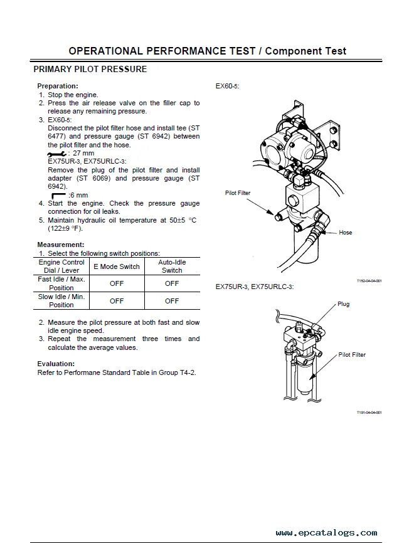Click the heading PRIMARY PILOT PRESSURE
(x=90, y=69)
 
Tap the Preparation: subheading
(x=58, y=86)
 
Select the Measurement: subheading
(x=61, y=244)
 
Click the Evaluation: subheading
(x=56, y=364)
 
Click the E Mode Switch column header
(x=117, y=266)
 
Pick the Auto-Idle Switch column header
(x=172, y=266)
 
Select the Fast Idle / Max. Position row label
(x=61, y=283)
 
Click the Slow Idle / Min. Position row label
(x=61, y=300)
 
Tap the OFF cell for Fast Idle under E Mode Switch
(x=117, y=283)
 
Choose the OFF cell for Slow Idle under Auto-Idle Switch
(x=172, y=301)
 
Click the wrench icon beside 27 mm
(x=56, y=153)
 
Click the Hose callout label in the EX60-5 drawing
(x=345, y=233)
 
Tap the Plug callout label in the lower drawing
(x=343, y=304)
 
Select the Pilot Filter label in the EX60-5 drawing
(x=238, y=194)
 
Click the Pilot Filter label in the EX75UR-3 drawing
(x=352, y=355)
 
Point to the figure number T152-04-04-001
(x=369, y=280)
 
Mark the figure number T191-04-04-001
(x=369, y=412)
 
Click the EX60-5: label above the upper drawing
(x=227, y=86)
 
